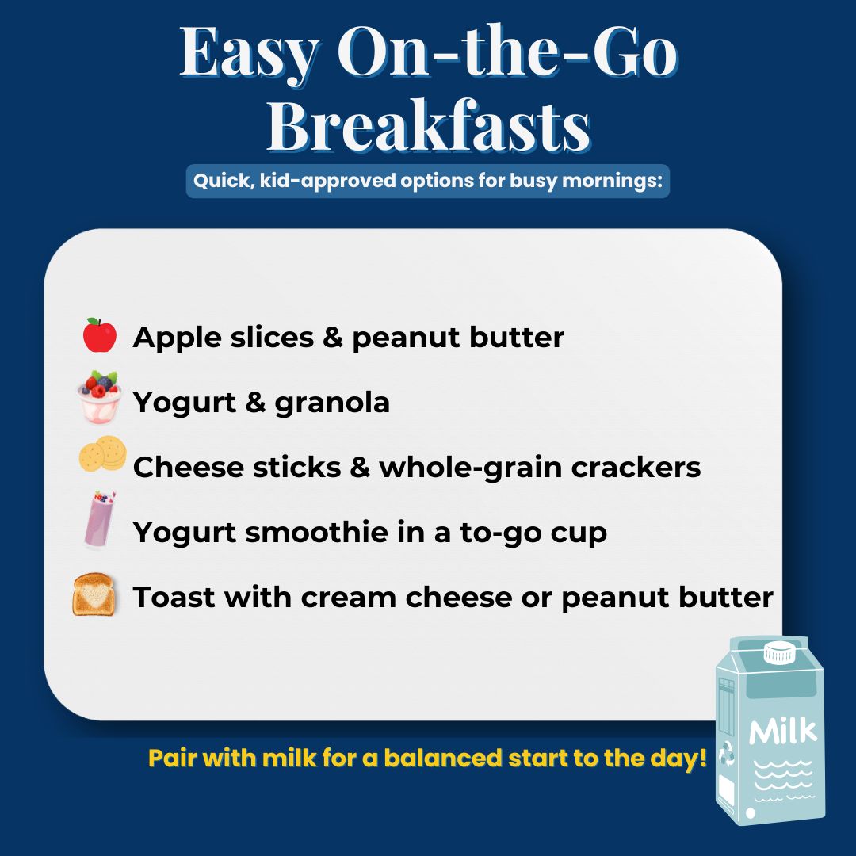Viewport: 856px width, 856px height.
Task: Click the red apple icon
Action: [x=99, y=336]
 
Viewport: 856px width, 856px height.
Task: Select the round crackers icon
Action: [x=102, y=457]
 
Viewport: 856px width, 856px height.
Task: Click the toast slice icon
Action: [x=95, y=595]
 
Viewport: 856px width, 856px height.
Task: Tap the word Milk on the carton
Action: [x=782, y=730]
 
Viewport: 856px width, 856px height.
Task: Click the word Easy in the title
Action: [x=249, y=52]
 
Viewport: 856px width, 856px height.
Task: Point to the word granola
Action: [x=332, y=403]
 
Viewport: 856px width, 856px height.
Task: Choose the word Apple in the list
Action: [x=178, y=338]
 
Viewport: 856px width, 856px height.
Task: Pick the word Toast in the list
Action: [x=173, y=597]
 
